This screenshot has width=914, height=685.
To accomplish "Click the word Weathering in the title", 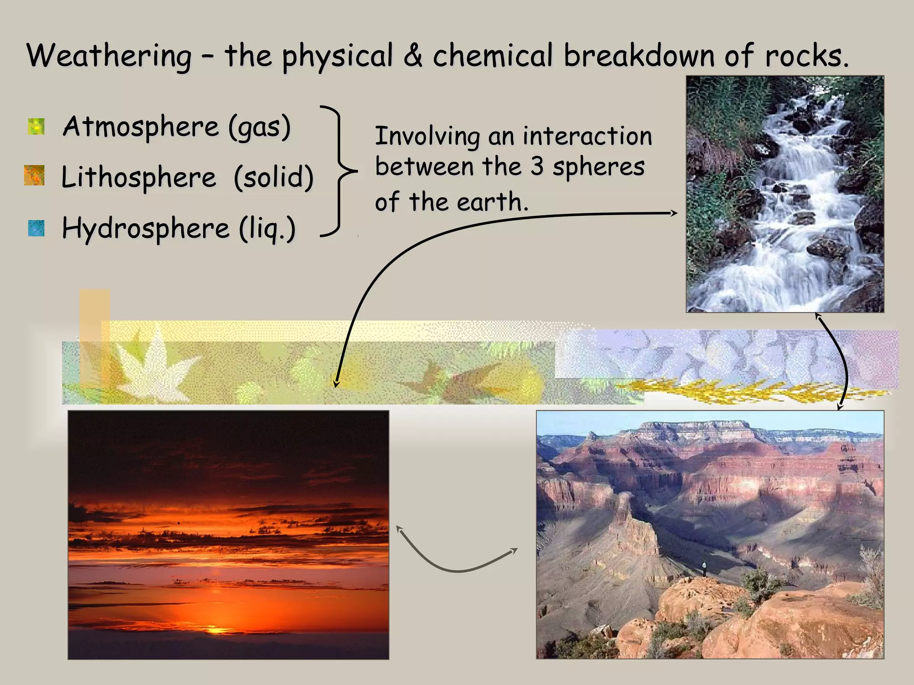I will click(109, 57).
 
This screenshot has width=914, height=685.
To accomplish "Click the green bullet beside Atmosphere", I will click(36, 126).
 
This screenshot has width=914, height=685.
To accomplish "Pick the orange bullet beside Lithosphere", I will click(34, 175).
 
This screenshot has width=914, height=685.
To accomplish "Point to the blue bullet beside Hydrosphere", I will click(36, 228).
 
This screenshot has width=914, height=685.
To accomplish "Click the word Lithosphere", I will click(139, 177).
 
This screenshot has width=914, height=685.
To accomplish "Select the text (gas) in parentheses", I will click(259, 127).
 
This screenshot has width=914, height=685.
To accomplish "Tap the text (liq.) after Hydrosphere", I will click(267, 229).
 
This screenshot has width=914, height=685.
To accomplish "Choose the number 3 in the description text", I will click(537, 166).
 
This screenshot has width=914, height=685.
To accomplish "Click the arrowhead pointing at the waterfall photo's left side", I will click(673, 213).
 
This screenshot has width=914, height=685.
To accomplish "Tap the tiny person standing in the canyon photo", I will click(704, 568).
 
